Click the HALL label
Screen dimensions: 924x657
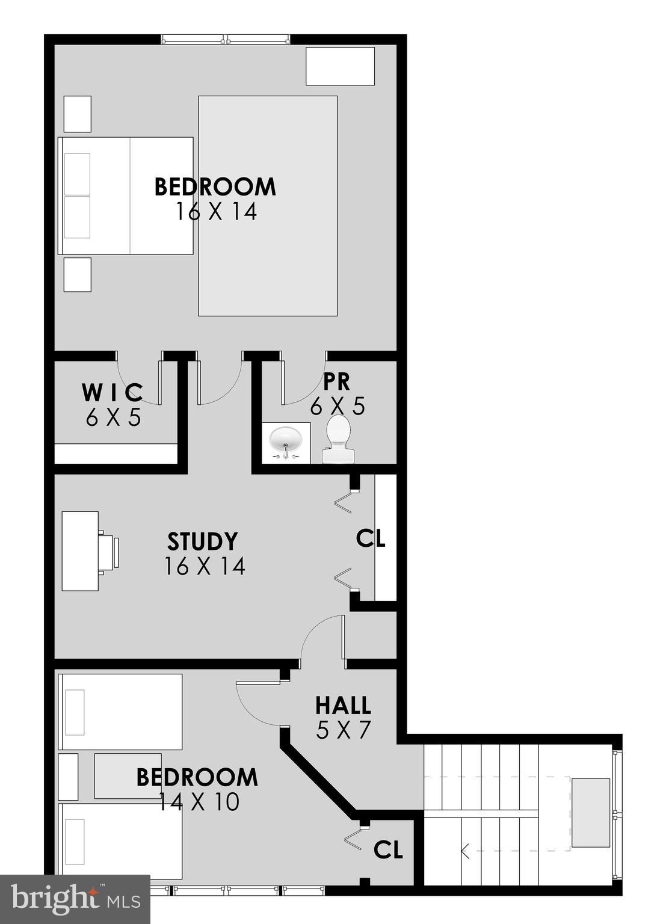pyautogui.click(x=343, y=705)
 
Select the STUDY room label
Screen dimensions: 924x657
pyautogui.click(x=203, y=541)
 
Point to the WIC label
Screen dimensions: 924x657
pyautogui.click(x=113, y=392)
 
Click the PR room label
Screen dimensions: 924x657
pyautogui.click(x=336, y=381)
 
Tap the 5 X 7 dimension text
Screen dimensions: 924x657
pyautogui.click(x=344, y=730)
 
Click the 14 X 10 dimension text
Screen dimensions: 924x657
pyautogui.click(x=199, y=801)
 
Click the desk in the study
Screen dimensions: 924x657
pyautogui.click(x=80, y=551)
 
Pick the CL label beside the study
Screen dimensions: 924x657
pyautogui.click(x=371, y=538)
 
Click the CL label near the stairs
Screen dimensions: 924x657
pyautogui.click(x=388, y=849)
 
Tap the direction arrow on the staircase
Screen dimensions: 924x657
pyautogui.click(x=465, y=851)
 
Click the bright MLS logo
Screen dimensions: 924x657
pyautogui.click(x=75, y=899)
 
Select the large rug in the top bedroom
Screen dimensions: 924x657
pyautogui.click(x=268, y=206)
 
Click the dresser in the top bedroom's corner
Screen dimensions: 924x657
pyautogui.click(x=340, y=66)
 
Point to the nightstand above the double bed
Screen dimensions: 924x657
pyautogui.click(x=78, y=114)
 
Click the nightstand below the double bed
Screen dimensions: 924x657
pyautogui.click(x=78, y=275)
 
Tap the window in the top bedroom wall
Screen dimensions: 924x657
pyautogui.click(x=226, y=40)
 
